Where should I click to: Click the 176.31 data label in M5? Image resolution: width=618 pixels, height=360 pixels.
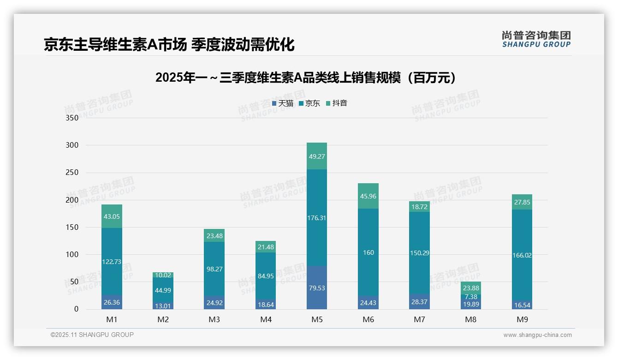[x=316, y=218]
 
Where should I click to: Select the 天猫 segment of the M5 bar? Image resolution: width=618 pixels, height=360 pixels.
[x=316, y=288]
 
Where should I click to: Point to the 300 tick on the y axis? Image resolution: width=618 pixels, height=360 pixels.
[x=72, y=145]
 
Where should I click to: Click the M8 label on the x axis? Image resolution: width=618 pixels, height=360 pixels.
[x=470, y=319]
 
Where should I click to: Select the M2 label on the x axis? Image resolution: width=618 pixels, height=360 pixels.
[x=163, y=319]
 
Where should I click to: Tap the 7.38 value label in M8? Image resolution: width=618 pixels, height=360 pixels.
[x=471, y=297]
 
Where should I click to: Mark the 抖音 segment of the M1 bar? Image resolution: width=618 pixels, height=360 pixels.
[x=112, y=216]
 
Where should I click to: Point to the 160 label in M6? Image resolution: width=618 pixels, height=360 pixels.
[x=368, y=252]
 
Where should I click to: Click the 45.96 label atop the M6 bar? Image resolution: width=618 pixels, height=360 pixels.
[x=368, y=196]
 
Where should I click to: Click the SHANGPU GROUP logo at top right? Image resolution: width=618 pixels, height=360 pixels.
[x=536, y=39]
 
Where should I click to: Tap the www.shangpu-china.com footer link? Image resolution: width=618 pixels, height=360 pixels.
[x=537, y=335]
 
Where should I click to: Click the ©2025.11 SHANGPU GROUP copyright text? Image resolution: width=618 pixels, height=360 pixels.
[x=92, y=335]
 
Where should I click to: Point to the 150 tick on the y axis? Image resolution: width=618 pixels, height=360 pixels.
[x=72, y=227]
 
